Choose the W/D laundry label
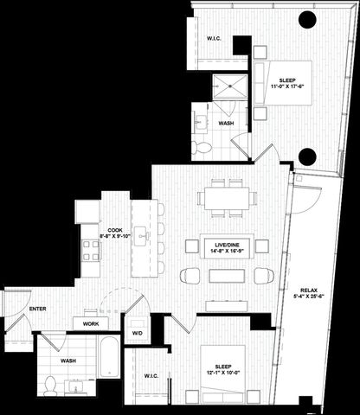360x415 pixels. (137, 332)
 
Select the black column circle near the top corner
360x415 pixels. (307, 20)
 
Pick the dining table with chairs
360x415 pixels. (227, 198)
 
